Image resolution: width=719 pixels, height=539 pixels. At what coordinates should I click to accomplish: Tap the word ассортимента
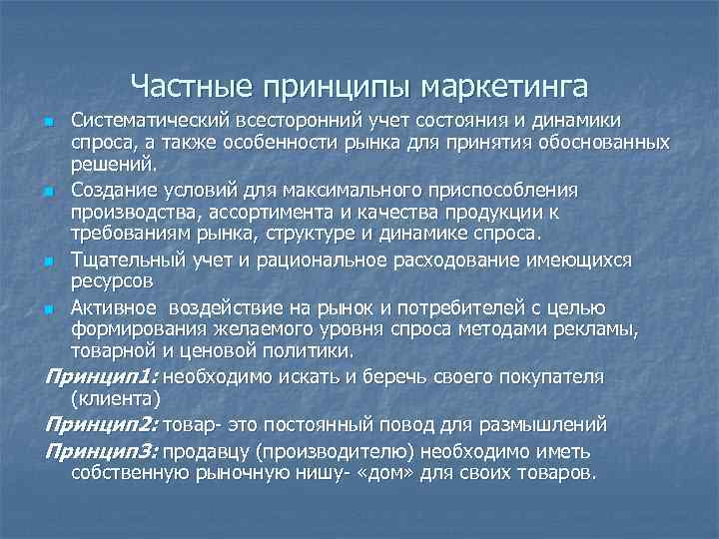[258, 212]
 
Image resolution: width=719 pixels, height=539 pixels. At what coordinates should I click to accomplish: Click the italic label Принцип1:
[101, 376]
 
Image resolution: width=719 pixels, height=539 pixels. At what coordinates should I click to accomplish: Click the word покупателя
[555, 376]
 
